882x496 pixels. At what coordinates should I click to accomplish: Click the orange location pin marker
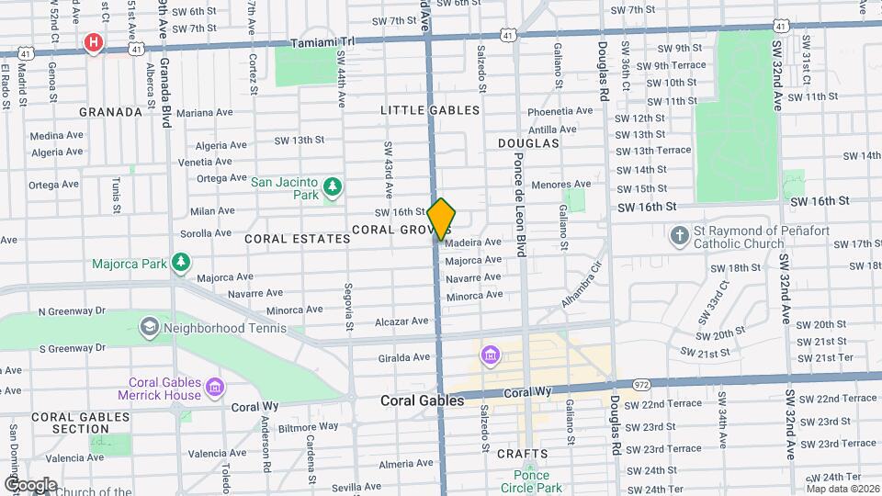[442, 219]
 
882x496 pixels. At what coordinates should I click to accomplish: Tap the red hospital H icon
[93, 42]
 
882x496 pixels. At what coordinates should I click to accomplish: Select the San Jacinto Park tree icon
[332, 188]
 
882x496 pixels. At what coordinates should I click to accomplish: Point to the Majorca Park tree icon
[182, 264]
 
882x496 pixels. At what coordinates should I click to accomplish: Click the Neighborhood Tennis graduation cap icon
[148, 327]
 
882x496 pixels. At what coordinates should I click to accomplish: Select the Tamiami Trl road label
[322, 43]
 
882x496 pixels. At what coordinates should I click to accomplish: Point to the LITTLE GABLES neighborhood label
[430, 110]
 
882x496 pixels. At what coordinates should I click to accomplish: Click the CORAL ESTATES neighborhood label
[298, 239]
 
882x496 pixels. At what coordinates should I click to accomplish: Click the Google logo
[30, 484]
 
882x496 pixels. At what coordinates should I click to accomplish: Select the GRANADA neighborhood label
[111, 112]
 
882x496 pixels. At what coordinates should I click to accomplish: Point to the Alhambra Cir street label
[582, 286]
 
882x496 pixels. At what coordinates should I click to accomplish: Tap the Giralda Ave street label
[403, 357]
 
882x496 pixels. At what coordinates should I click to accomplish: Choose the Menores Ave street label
[560, 184]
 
